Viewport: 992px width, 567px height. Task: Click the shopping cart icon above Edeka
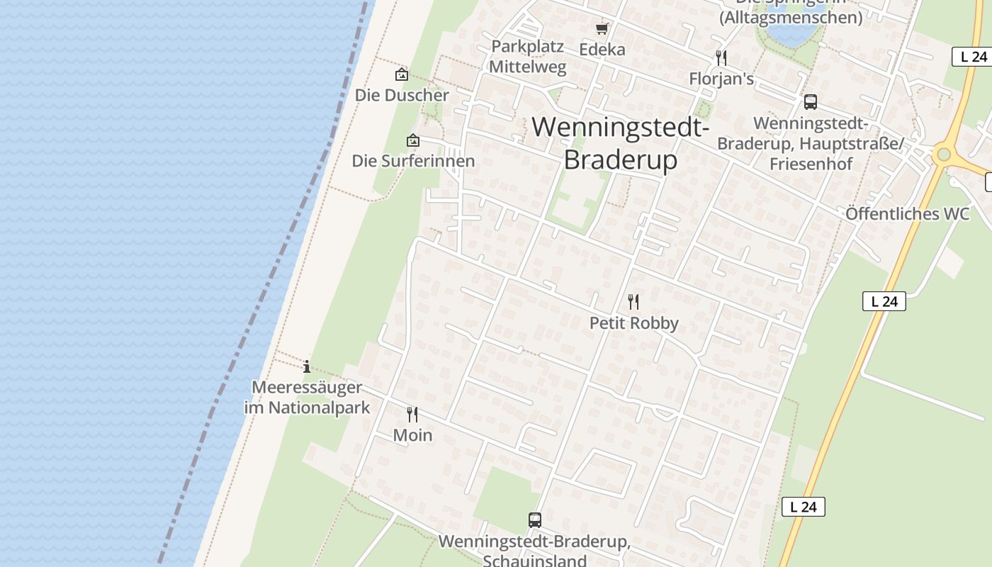coord(602,29)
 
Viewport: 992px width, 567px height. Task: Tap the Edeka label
coord(602,49)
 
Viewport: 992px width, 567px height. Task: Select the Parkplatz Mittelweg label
coord(528,57)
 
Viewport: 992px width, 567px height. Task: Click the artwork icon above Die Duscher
coord(402,74)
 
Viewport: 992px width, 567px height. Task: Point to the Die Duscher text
coord(402,95)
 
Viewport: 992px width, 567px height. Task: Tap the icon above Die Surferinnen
coord(413,140)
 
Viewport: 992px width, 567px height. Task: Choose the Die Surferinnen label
coord(413,161)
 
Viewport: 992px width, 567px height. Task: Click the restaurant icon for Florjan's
coord(721,57)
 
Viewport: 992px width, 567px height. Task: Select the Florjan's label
coord(721,78)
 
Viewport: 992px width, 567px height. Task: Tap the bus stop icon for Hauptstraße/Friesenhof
coord(811,102)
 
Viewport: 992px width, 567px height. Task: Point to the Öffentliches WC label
coord(907,213)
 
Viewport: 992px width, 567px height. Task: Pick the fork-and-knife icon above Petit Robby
coord(633,302)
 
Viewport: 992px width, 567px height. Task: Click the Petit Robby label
coord(634,323)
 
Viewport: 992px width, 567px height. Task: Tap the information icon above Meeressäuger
coord(307,366)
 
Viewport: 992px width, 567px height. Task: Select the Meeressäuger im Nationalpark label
coord(307,398)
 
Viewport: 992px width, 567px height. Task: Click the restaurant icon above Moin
coord(412,414)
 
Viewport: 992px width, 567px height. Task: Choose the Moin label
coord(412,434)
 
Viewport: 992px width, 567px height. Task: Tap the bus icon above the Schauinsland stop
coord(535,520)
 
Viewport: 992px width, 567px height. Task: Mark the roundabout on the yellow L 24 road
coord(943,155)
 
